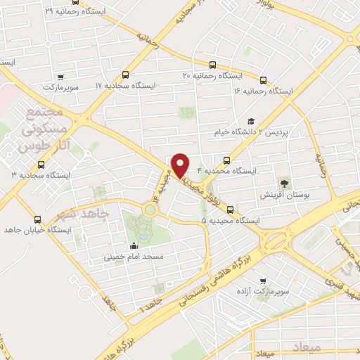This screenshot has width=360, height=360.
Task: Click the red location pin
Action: pyautogui.click(x=181, y=164)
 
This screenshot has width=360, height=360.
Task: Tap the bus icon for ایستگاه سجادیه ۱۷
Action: pyautogui.click(x=126, y=75)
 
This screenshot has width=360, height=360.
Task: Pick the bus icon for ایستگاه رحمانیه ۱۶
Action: pyautogui.click(x=264, y=80)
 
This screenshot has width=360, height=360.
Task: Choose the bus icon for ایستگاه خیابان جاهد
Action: pyautogui.click(x=37, y=219)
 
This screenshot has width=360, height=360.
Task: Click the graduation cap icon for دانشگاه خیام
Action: pyautogui.click(x=251, y=121)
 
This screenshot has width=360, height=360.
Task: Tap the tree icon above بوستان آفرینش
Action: pyautogui.click(x=285, y=181)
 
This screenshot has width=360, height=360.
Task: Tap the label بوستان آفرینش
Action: pyautogui.click(x=285, y=195)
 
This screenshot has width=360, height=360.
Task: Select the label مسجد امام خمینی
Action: pyautogui.click(x=134, y=257)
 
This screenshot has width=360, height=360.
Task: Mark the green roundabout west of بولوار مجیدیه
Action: pyautogui.click(x=150, y=209)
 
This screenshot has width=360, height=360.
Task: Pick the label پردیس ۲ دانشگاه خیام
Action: pyautogui.click(x=250, y=132)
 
